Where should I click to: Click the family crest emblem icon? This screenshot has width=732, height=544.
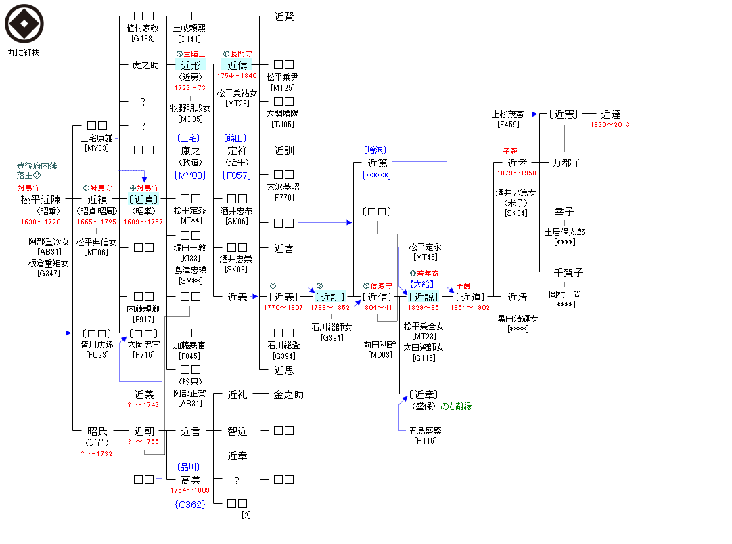click(24, 23)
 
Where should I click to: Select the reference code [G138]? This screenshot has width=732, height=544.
click(143, 39)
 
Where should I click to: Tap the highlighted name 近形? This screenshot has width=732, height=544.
click(191, 65)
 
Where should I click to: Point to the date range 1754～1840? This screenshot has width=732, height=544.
click(237, 76)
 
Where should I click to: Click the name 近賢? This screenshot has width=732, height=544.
click(284, 17)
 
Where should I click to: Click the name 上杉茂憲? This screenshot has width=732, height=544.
click(507, 114)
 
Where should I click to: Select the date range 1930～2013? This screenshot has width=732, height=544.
click(610, 125)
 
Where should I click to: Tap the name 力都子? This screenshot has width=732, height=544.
click(566, 163)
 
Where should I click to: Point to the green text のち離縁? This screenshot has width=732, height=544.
click(456, 406)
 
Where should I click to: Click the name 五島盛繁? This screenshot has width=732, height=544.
click(425, 430)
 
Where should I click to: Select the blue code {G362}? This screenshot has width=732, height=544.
click(189, 504)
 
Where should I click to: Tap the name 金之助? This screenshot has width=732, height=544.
click(288, 394)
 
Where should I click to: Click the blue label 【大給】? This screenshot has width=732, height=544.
click(424, 284)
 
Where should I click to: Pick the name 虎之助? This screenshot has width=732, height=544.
click(145, 65)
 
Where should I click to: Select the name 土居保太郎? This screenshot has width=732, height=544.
click(564, 232)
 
